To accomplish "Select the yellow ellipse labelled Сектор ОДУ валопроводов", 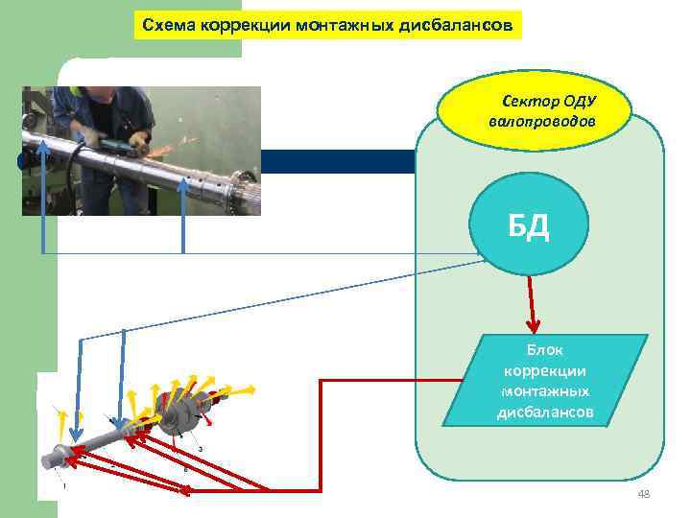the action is pos(535,111).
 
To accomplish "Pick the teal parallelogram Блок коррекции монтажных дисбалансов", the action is pos(544,381).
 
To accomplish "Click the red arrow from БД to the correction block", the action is pos(531,303).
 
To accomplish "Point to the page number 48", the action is pos(644,494).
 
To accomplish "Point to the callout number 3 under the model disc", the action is pos(200,448).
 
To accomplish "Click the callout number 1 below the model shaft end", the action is pos(64,486).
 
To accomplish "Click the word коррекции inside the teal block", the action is pos(544,371).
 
